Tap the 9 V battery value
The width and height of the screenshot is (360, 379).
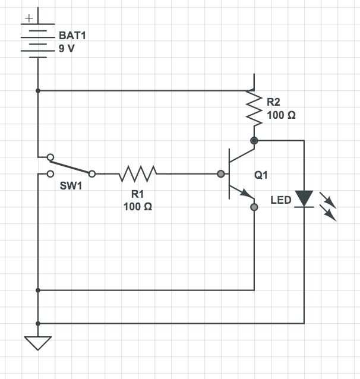67,49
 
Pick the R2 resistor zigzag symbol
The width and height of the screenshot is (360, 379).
254,108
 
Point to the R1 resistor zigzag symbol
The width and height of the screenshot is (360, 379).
138,174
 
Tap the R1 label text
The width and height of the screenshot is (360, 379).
138,194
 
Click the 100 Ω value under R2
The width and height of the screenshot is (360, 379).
281,115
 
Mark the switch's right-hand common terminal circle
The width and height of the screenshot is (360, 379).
92,174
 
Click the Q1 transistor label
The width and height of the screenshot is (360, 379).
261,175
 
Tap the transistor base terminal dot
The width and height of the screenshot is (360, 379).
222,174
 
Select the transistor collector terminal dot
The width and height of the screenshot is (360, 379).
254,141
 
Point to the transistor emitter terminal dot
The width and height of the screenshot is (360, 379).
254,207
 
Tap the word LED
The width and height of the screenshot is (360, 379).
281,200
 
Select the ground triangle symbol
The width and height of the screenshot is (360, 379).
37,343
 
